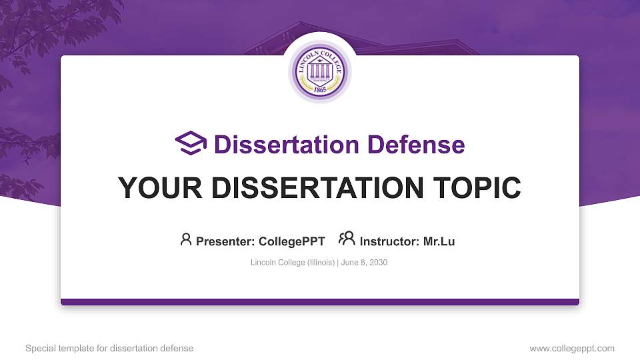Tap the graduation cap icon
coord(191,143)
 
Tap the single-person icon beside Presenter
coord(186,239)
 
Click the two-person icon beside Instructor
coord(347,239)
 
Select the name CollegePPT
coord(293,241)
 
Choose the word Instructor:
coord(390,241)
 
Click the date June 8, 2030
coord(365,263)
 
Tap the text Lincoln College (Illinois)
coord(293,263)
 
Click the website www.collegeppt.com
coord(572,348)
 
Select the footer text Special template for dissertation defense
coord(109,348)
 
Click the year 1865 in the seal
coord(320,89)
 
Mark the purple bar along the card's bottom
coord(320,302)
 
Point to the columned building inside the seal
coord(320,71)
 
